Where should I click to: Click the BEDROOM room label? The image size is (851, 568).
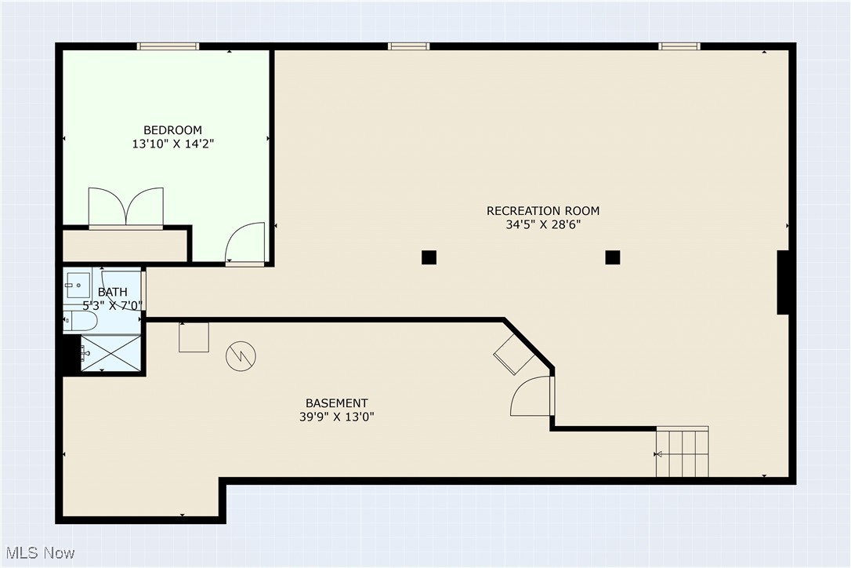tap(172, 130)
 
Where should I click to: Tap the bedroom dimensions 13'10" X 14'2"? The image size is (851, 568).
tap(172, 144)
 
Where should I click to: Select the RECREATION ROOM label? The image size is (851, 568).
tap(543, 211)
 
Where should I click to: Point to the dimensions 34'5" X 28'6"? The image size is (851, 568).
tap(543, 224)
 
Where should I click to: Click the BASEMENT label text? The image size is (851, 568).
tap(337, 403)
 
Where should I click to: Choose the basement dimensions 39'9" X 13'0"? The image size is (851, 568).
tap(331, 417)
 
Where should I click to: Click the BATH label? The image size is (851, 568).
tap(113, 293)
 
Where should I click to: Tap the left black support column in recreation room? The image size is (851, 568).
tap(429, 257)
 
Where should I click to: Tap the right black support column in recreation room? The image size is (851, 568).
tap(613, 257)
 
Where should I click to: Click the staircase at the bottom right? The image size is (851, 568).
tap(683, 452)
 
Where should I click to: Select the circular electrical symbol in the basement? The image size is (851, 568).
tap(241, 356)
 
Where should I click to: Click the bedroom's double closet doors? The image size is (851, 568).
tap(126, 208)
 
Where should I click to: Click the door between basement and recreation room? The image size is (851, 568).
tap(533, 397)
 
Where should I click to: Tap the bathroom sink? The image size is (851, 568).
tap(77, 281)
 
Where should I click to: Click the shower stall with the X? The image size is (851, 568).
tap(111, 353)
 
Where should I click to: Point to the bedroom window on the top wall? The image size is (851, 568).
tap(168, 46)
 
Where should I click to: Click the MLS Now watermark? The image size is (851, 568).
tap(38, 553)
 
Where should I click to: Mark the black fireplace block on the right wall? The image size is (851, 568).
tap(783, 282)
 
